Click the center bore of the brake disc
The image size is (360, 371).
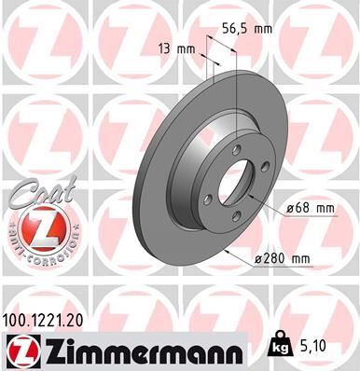(237, 187)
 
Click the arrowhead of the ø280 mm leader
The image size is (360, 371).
(245, 244)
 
